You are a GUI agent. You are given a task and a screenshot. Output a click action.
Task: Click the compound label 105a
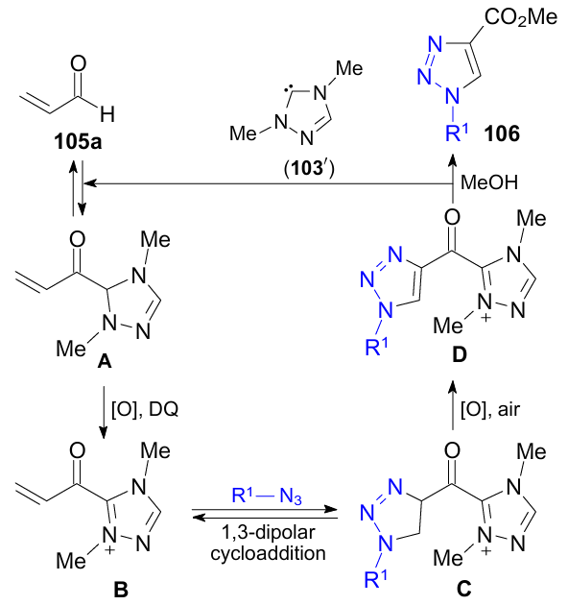(78, 141)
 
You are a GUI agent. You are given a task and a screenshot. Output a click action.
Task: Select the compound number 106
(502, 133)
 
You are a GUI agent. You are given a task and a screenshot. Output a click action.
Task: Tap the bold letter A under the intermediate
(105, 361)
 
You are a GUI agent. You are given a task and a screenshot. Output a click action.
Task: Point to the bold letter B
(121, 589)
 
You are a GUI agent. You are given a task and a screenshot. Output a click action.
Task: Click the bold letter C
(463, 589)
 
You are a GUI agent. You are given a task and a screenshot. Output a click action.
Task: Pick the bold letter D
(460, 355)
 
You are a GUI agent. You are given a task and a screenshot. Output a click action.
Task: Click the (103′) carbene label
(309, 168)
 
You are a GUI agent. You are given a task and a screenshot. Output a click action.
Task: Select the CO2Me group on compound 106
(521, 17)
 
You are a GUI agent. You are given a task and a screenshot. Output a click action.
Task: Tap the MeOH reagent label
(489, 182)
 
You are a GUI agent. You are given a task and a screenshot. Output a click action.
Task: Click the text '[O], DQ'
(145, 409)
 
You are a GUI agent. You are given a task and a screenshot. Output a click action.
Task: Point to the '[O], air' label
(490, 409)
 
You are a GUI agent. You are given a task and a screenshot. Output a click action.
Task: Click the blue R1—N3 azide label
(267, 496)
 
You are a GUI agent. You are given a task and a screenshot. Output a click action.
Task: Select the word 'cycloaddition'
(268, 553)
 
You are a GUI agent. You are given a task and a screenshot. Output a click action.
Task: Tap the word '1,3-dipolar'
(269, 532)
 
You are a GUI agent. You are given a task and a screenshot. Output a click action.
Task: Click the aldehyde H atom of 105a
(107, 114)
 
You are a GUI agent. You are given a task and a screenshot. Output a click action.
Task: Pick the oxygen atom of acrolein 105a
(79, 63)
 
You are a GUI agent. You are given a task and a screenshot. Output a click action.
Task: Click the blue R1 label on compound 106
(457, 133)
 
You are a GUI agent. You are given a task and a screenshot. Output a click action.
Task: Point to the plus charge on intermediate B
(110, 549)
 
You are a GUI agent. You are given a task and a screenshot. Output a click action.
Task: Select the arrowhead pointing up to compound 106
(452, 160)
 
